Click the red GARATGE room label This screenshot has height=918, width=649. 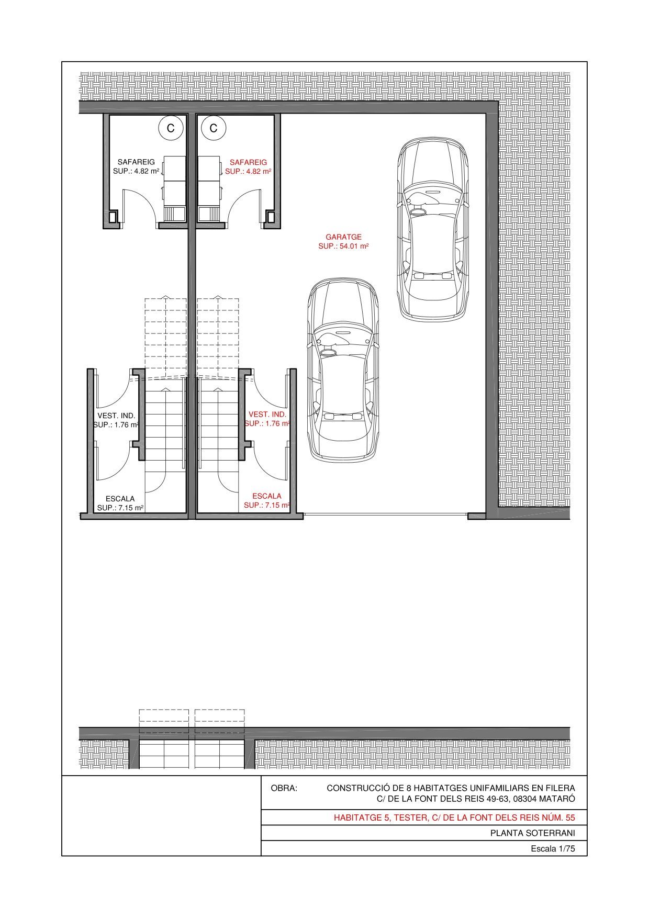click(343, 237)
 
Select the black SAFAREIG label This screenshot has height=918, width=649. click(136, 162)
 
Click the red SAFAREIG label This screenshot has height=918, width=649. click(248, 162)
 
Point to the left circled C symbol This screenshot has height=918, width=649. click(171, 128)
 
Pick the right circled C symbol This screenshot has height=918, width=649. click(214, 128)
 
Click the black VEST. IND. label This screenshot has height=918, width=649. click(116, 416)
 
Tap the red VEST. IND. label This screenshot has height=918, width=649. click(267, 415)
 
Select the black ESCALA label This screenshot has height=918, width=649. click(120, 499)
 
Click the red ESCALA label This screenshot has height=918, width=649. click(267, 496)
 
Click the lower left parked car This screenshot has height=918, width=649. click(343, 370)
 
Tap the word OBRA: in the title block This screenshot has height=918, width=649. click(284, 788)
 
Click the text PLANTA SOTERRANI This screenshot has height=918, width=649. click(532, 833)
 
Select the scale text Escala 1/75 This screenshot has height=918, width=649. click(553, 849)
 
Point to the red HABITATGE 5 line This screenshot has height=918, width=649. click(454, 818)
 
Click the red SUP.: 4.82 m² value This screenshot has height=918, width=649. click(248, 171)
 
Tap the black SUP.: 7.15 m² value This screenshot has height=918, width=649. click(120, 508)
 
